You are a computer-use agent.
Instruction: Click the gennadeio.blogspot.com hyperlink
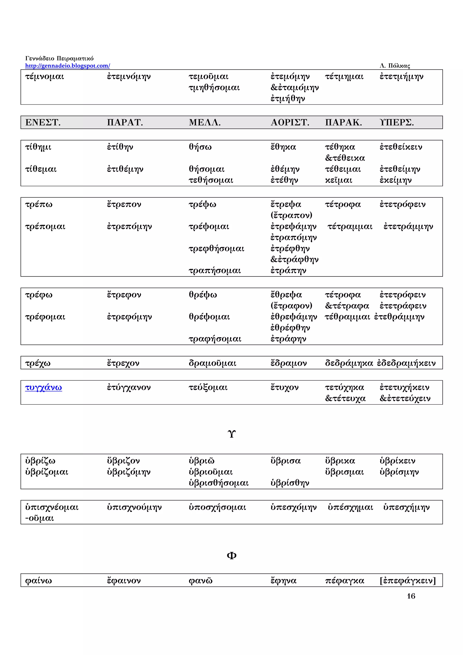point(67,66)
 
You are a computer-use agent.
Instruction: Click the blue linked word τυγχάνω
point(43,388)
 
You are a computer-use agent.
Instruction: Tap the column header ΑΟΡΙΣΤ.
point(290,122)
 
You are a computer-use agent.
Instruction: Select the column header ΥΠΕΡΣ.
point(397,122)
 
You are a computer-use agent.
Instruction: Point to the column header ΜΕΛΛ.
point(205,122)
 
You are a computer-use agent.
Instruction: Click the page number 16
point(411,596)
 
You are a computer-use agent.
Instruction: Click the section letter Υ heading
point(232,434)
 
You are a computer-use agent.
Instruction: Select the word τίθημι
point(38,147)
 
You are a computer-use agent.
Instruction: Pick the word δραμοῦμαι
point(212,363)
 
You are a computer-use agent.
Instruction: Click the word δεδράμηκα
point(349,363)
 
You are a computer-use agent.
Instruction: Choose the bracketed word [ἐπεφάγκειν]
point(407,581)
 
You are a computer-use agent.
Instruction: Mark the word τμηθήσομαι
point(214,87)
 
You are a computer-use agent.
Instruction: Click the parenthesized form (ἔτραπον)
point(291,215)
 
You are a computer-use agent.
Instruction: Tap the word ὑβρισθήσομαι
point(219,483)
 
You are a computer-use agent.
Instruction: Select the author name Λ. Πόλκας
point(394,66)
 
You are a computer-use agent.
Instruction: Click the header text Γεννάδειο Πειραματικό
point(59,59)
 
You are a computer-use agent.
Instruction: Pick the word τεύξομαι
point(208,388)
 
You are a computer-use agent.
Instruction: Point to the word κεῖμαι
point(338,180)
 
